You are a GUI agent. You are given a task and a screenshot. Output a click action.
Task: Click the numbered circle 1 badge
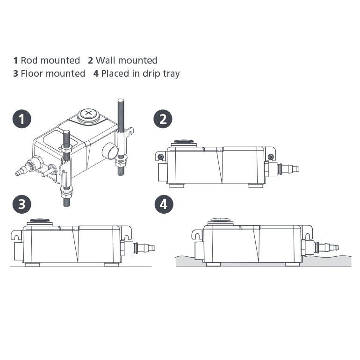[22, 119]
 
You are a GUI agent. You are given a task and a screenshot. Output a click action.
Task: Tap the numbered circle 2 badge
[163, 119]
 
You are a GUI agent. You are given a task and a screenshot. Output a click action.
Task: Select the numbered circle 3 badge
[22, 204]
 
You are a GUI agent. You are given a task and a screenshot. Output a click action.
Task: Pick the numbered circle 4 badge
[163, 204]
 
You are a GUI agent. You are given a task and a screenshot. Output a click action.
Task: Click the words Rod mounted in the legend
[50, 60]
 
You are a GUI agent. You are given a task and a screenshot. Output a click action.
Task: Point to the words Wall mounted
[126, 60]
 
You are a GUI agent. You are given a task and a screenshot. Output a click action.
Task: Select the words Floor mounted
[53, 73]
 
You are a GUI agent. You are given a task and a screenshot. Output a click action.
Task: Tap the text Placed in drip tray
[140, 73]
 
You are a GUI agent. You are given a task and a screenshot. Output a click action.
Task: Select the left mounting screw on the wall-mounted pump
[161, 156]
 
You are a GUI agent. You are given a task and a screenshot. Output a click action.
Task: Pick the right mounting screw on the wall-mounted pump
[270, 156]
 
